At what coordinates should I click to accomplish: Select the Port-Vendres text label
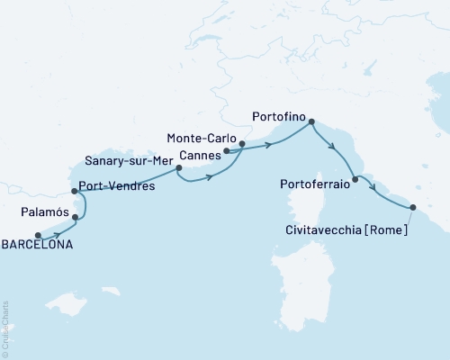117,187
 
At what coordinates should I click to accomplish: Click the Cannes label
196,153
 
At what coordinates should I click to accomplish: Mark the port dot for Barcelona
38,236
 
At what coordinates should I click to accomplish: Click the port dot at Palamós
76,217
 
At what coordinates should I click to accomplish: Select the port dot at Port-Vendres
74,191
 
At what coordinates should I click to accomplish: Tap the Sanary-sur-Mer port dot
178,167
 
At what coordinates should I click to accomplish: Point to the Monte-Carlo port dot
242,143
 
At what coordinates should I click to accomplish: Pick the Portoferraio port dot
355,180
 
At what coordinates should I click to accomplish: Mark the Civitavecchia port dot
413,208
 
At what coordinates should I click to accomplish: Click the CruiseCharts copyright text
5,328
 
